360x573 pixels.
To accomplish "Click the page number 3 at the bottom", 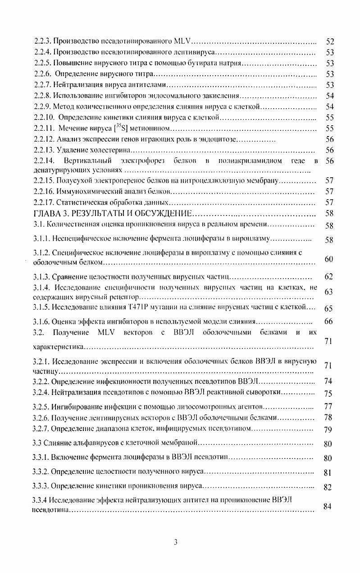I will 176,542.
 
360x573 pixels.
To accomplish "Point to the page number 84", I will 328,506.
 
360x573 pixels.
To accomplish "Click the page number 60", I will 328,259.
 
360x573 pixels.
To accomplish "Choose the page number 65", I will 328,309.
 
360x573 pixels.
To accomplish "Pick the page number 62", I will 328,276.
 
